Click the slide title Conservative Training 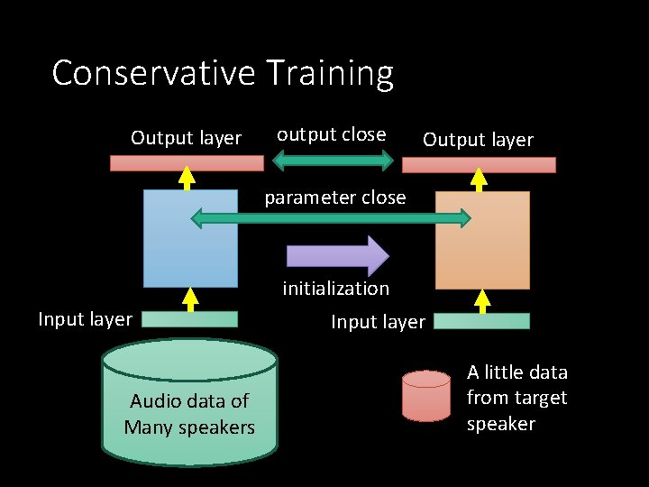tap(223, 73)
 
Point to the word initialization tap(335, 289)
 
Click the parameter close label tap(334, 198)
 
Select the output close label tap(331, 134)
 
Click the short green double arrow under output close tap(333, 161)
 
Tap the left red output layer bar tap(187, 163)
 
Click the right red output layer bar tap(479, 165)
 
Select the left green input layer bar tap(190, 318)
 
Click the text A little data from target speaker tap(516, 398)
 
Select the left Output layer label tap(186, 138)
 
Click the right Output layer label tap(478, 140)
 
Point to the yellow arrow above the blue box tap(187, 179)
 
